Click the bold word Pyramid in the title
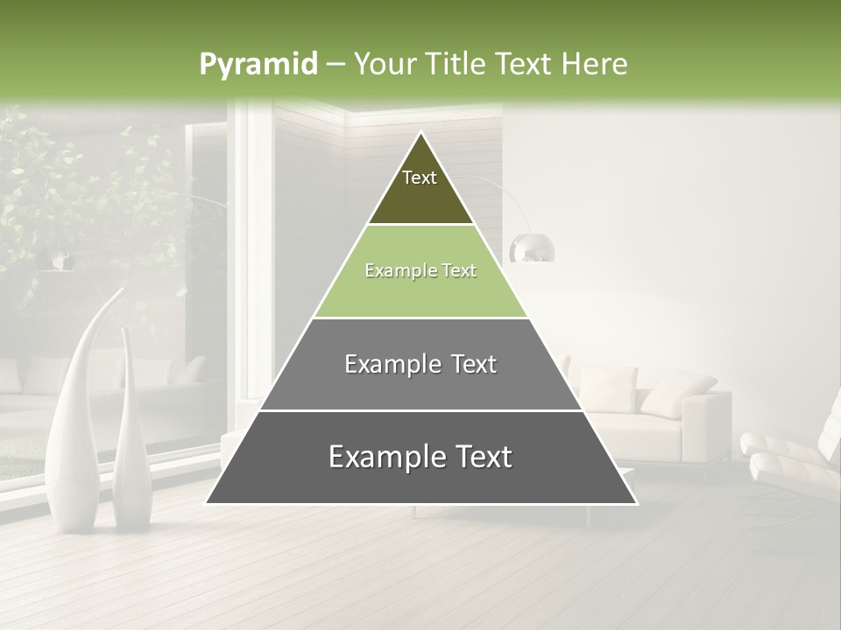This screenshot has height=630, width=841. click(258, 65)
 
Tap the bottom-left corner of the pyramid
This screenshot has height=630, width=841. click(208, 502)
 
